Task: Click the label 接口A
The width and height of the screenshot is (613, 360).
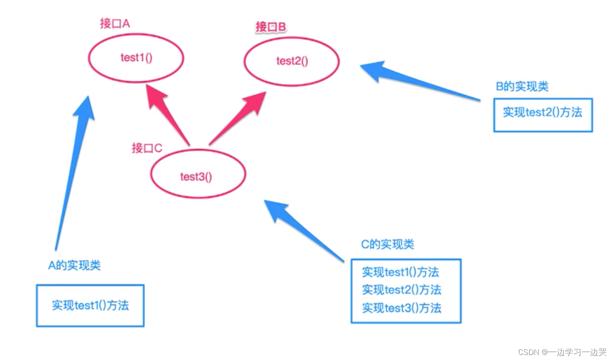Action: tap(115, 23)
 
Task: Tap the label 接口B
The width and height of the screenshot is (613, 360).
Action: tap(271, 27)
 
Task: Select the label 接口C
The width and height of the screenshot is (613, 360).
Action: tap(147, 148)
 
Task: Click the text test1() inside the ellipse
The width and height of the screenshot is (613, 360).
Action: tap(136, 58)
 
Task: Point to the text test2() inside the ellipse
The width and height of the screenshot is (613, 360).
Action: tap(292, 61)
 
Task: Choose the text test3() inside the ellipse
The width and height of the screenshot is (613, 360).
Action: tap(196, 177)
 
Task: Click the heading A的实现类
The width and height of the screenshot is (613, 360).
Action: tap(74, 265)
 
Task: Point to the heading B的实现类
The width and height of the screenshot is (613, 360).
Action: tap(522, 86)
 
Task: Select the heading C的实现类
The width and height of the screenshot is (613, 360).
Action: tap(388, 244)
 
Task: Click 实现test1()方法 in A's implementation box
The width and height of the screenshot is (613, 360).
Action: tap(90, 305)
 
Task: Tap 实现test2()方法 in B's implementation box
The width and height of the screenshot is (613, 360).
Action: tap(542, 112)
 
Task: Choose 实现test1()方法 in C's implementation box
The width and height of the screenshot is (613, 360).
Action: tap(400, 272)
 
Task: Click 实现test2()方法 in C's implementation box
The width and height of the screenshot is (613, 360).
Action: tap(402, 290)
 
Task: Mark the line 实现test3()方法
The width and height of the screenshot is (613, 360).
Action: tap(402, 308)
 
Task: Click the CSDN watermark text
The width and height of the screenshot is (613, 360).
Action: tap(562, 352)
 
